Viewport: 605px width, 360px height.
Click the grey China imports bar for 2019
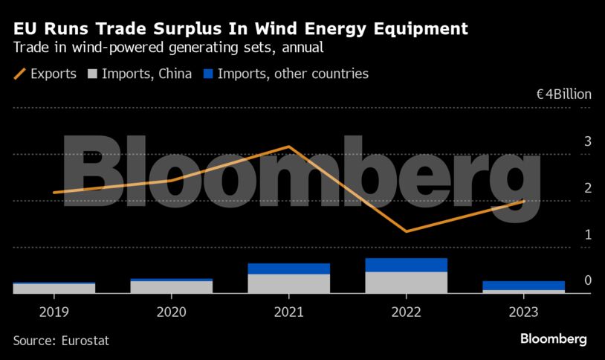(54, 289)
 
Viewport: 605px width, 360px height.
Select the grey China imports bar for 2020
(171, 287)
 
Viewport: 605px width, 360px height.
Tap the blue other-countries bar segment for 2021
(288, 269)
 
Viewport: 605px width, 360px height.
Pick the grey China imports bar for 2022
(406, 283)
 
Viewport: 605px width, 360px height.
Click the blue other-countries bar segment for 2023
(523, 286)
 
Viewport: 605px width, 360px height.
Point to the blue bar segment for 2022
(406, 265)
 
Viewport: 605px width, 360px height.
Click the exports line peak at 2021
(288, 147)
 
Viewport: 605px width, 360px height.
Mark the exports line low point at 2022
(406, 231)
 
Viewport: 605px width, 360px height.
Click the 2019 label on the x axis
(54, 312)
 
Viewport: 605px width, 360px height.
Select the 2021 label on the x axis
(288, 312)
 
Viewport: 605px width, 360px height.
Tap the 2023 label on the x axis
(523, 312)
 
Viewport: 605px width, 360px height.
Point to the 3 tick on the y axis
(587, 141)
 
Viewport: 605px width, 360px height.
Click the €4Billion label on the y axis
(563, 94)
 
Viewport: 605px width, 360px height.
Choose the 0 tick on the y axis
(587, 280)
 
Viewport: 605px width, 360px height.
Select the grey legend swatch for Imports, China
(92, 74)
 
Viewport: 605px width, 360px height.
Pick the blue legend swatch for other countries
(209, 74)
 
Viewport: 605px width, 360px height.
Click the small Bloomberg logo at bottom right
(553, 339)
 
